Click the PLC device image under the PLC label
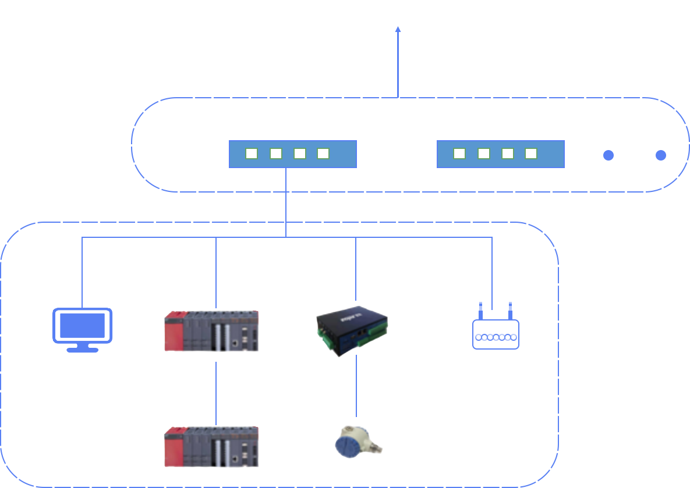[211, 331]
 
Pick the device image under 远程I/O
[211, 447]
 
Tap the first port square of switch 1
[252, 154]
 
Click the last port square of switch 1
[323, 154]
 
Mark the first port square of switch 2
[459, 154]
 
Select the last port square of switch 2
[531, 154]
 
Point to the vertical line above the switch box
[398, 60]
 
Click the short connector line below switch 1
[286, 206]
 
